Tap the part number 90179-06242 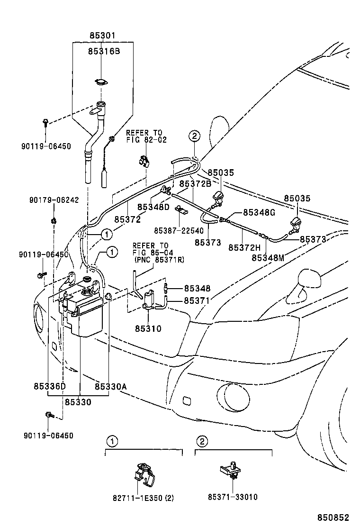pos(52,200)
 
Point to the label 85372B pos(195,183)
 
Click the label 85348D pos(153,207)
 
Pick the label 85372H pos(244,247)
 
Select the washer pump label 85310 pos(148,328)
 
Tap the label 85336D pos(50,387)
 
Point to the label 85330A pos(110,387)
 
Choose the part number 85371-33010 pos(233,497)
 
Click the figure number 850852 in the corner pos(337,518)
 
